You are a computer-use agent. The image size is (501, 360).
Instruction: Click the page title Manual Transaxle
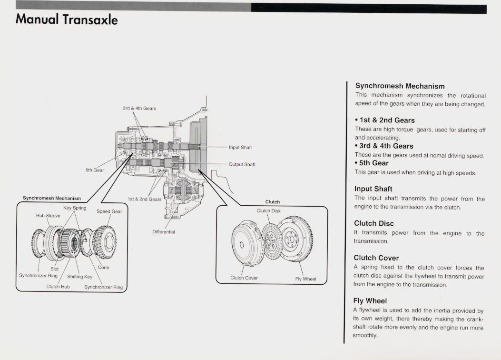coord(67,20)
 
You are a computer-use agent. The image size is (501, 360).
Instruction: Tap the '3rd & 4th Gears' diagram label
coord(139,109)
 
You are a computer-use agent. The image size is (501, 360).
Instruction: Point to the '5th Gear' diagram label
coord(95,170)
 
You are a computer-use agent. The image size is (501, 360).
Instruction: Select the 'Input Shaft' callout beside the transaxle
coord(240,148)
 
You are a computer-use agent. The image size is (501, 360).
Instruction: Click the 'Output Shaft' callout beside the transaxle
coord(242,165)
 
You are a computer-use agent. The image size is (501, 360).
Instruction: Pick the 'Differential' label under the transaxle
coord(164,232)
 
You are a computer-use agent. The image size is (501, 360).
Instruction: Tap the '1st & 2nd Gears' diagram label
coord(145,199)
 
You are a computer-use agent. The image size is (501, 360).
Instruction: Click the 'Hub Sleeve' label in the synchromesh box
coord(48,215)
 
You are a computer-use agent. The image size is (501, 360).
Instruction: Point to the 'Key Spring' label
coord(75,208)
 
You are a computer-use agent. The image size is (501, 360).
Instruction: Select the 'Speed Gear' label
coord(109,211)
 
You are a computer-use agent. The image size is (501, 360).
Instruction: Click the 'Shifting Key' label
coord(80,277)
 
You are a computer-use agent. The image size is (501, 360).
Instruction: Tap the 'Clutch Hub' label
coord(58,287)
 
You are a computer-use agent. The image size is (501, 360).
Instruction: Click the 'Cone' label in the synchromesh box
coord(103,268)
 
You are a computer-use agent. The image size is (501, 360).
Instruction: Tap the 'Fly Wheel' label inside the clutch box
coord(305,279)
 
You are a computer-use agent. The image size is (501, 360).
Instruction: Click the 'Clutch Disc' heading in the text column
coord(374,223)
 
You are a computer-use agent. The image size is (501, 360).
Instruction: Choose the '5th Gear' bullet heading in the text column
coord(373,163)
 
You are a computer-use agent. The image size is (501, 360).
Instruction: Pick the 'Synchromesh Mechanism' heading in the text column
coord(400,86)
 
